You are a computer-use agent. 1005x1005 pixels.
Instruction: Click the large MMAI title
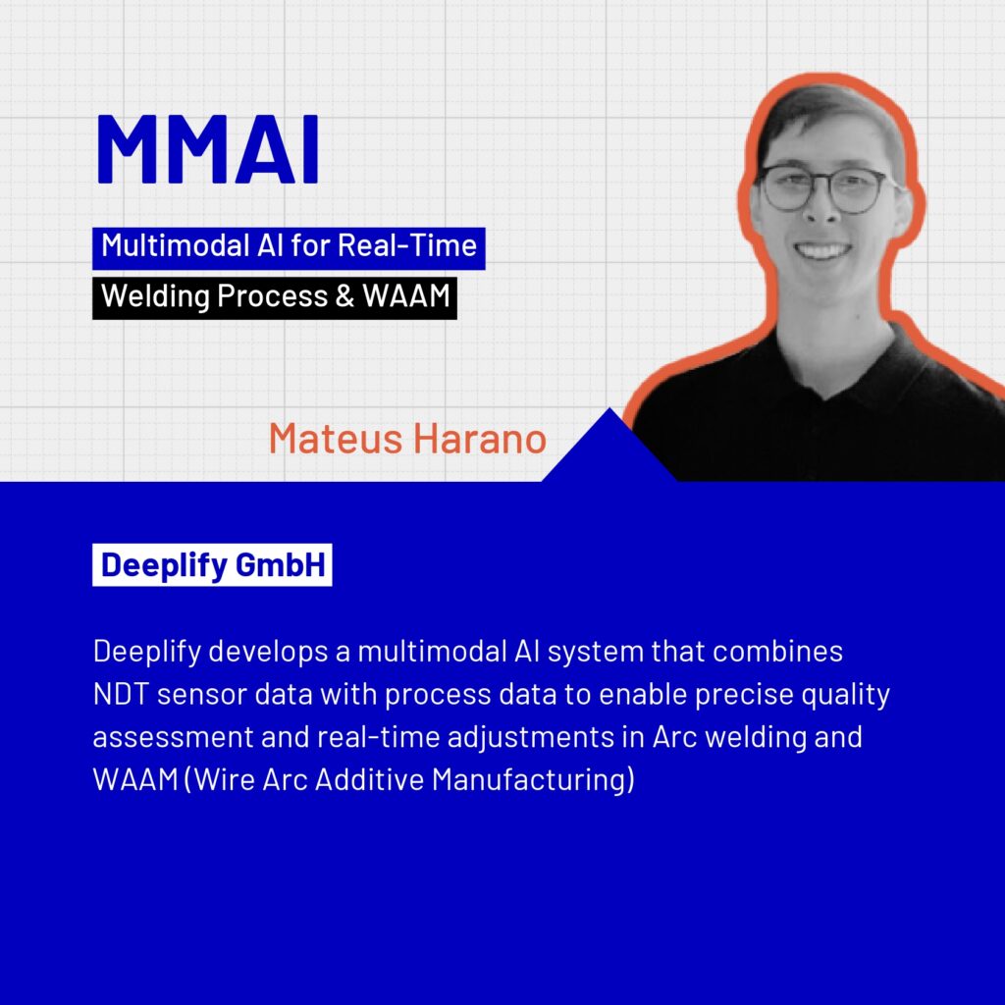[x=208, y=149]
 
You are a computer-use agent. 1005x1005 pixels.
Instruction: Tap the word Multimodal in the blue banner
[x=176, y=245]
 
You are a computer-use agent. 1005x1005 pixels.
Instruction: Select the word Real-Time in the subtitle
[x=407, y=245]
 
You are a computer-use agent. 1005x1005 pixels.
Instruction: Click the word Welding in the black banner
[x=156, y=296]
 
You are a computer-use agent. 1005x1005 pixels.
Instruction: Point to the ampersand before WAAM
[x=344, y=296]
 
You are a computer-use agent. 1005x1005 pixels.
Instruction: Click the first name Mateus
[x=336, y=439]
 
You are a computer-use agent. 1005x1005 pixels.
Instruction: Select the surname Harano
[x=480, y=439]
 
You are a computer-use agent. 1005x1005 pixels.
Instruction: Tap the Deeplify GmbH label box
[x=212, y=564]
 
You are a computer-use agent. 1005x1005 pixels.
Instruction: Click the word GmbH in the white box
[x=281, y=564]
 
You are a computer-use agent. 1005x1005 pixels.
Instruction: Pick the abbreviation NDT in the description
[x=121, y=694]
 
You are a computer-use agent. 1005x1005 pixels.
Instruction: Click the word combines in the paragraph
[x=777, y=652]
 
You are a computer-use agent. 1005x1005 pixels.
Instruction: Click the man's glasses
[x=826, y=188]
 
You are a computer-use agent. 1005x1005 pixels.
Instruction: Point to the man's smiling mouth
[x=821, y=248]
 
